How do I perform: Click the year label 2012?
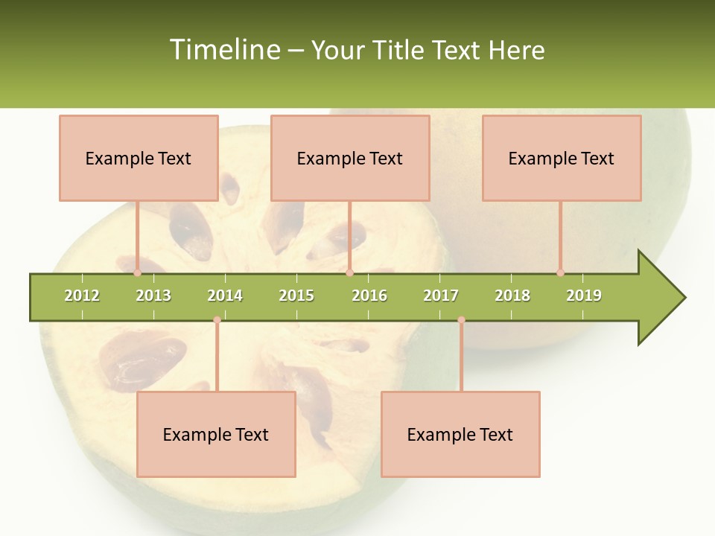82,296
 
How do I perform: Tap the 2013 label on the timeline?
153,296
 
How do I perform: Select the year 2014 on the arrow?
225,296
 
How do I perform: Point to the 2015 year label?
296,296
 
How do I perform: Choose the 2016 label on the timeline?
369,296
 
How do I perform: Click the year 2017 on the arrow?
441,296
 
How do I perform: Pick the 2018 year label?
512,296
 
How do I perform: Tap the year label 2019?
584,296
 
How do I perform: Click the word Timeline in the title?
223,50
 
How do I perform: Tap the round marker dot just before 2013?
138,272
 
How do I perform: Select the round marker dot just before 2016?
349,272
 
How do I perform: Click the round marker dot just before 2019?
561,272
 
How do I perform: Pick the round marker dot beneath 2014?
217,320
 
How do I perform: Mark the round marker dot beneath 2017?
461,320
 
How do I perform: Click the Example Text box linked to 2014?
216,434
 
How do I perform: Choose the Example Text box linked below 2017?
460,434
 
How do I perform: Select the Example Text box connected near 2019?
562,158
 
